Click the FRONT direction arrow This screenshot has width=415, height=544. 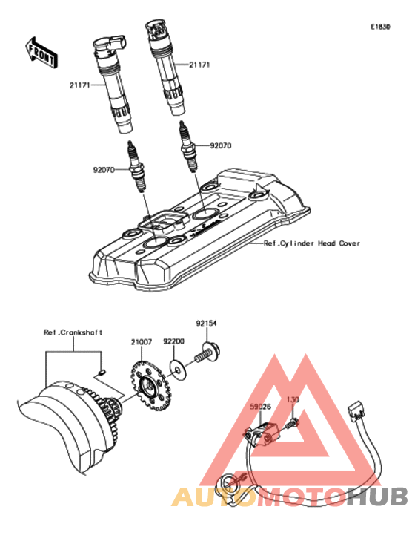(41, 53)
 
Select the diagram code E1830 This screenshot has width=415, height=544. (380, 27)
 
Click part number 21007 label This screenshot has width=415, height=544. (142, 342)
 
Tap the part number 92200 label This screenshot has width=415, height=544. (173, 341)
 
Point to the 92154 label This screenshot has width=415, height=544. (206, 324)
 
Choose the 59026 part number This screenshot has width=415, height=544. (261, 407)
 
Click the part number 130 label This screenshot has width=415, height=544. (293, 400)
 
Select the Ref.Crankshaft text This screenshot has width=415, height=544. (73, 332)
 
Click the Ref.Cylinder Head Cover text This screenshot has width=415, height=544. (312, 243)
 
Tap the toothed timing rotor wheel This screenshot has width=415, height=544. (150, 385)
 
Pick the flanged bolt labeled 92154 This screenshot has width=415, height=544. (208, 353)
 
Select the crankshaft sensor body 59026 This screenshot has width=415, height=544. (262, 433)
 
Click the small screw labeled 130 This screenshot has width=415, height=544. (293, 423)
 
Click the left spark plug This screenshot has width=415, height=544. (137, 166)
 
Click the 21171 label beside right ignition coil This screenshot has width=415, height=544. (199, 65)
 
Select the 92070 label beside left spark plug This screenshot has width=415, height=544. (104, 170)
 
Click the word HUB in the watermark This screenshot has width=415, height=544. (378, 497)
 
